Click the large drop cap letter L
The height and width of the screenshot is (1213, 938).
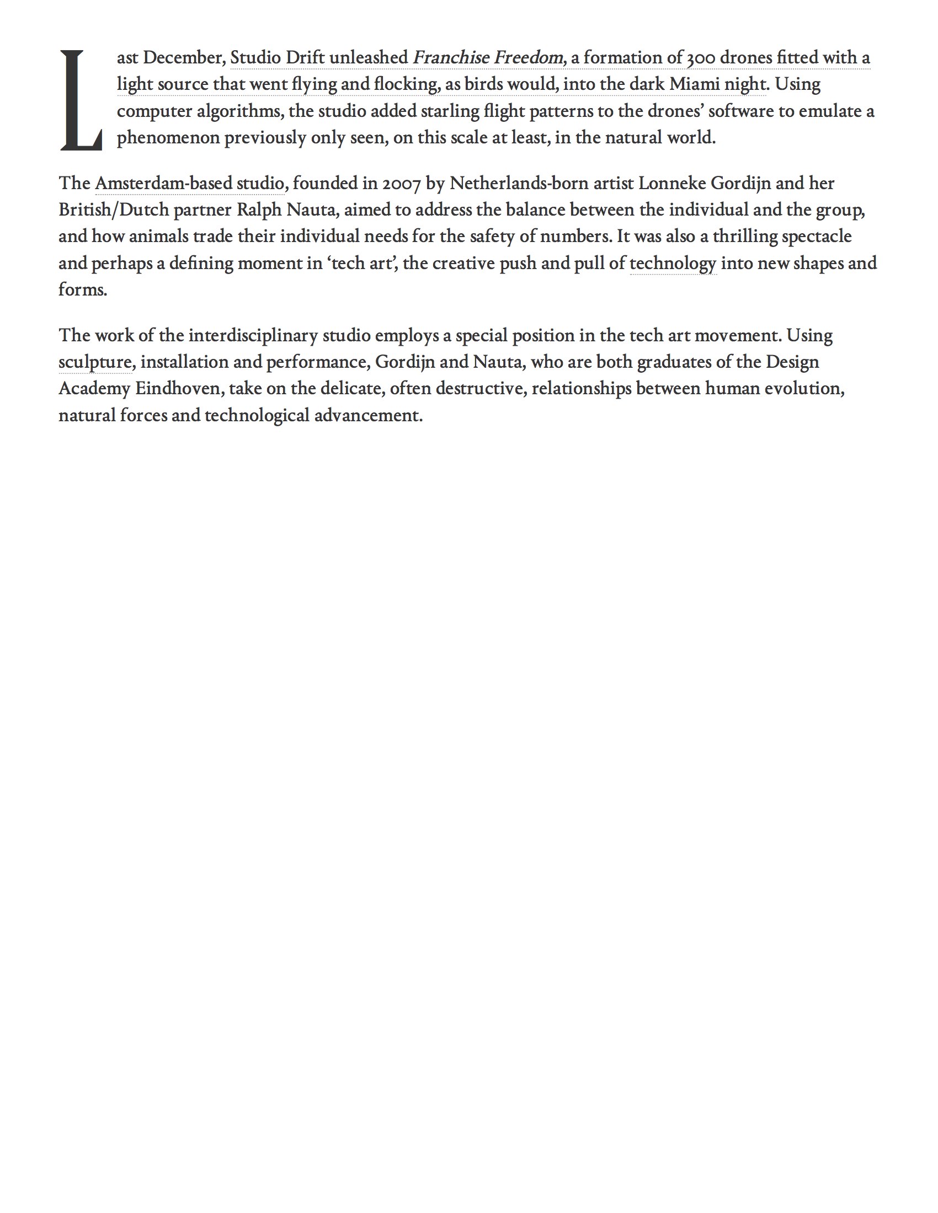click(x=81, y=100)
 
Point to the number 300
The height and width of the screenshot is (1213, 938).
click(x=701, y=58)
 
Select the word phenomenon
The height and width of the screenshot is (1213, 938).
click(x=168, y=138)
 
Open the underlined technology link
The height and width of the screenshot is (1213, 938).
click(x=673, y=263)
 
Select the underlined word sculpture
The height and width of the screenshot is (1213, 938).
click(x=94, y=362)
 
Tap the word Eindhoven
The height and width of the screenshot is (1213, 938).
click(x=179, y=389)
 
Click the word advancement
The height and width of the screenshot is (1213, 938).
click(x=369, y=415)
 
